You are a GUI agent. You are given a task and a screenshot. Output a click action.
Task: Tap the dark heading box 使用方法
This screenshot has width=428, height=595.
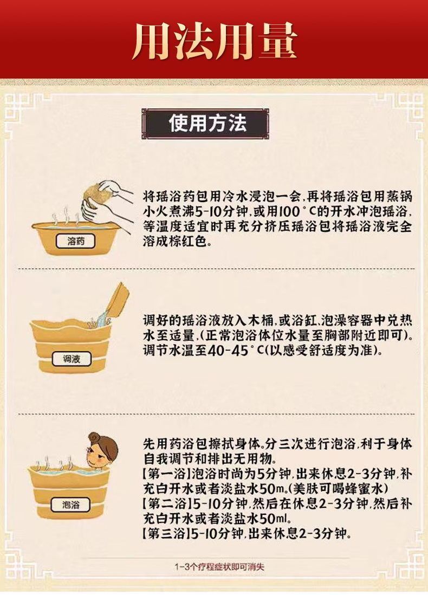click(205, 124)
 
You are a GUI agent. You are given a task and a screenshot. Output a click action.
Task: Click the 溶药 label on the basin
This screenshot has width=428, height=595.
click(76, 241)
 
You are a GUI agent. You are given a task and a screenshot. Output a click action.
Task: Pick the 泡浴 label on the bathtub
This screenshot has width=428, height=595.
click(70, 505)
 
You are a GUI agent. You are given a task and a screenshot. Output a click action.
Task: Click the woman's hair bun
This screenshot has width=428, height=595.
click(95, 437)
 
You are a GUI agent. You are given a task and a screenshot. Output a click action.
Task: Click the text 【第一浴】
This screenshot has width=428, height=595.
click(166, 474)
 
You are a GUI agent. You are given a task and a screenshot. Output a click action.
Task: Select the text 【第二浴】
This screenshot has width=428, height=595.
click(166, 503)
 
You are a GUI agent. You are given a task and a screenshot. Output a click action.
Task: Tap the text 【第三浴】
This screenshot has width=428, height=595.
click(166, 533)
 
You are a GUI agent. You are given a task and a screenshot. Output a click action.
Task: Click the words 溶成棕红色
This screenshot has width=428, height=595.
click(176, 241)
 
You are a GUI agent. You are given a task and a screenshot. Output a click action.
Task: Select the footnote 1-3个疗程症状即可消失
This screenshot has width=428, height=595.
click(219, 566)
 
